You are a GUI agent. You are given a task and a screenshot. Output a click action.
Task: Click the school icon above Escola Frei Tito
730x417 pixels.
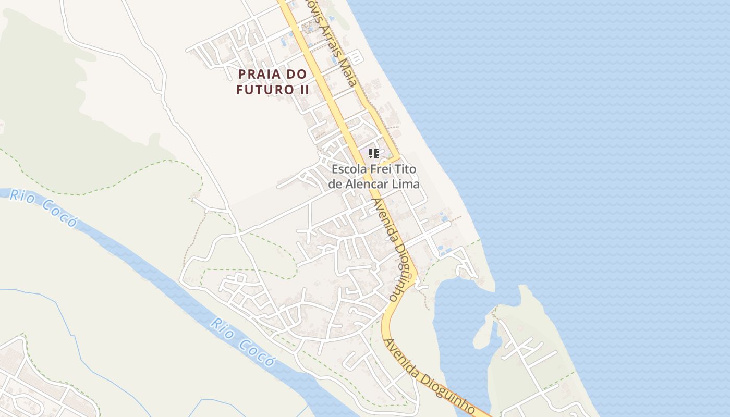tap(373, 153)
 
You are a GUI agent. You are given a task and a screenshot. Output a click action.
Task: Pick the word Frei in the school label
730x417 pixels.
tap(380, 170)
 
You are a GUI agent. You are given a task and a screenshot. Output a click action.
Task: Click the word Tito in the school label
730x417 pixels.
tap(407, 170)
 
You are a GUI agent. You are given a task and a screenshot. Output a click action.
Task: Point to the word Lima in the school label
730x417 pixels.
tap(408, 184)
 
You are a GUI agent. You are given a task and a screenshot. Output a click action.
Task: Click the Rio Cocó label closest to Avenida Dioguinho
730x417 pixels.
tap(242, 341)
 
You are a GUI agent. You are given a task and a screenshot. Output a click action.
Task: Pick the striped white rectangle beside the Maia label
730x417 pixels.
tap(356, 56)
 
